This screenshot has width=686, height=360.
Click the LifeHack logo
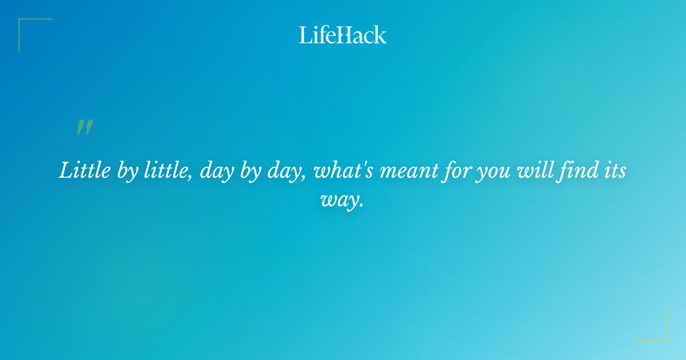pyautogui.click(x=343, y=35)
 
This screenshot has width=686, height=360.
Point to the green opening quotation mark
pyautogui.click(x=84, y=127)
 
